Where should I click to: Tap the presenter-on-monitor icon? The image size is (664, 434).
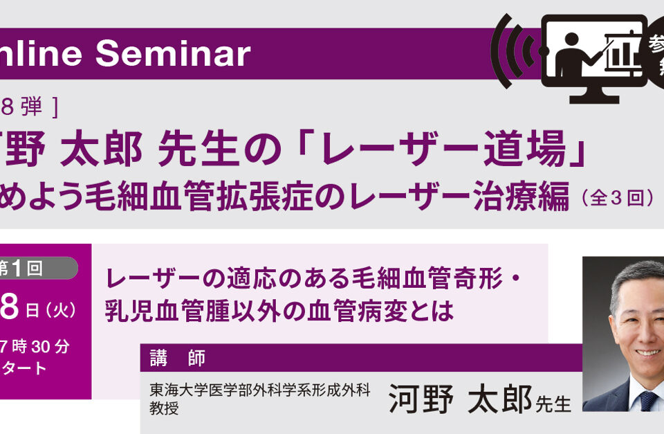pyautogui.click(x=593, y=59)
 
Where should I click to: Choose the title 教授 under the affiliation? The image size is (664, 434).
pyautogui.click(x=164, y=408)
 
